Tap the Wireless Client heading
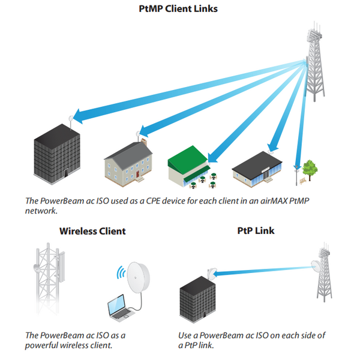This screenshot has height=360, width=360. point(92,231)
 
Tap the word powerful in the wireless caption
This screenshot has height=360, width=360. point(44,346)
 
